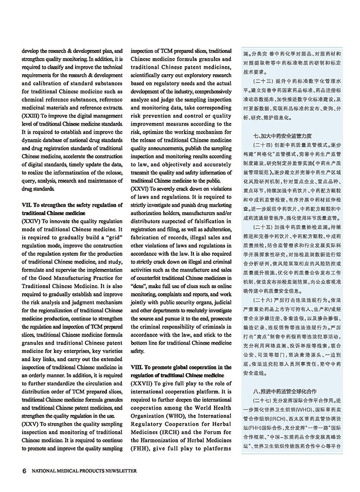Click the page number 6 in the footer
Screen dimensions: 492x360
[24, 470]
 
